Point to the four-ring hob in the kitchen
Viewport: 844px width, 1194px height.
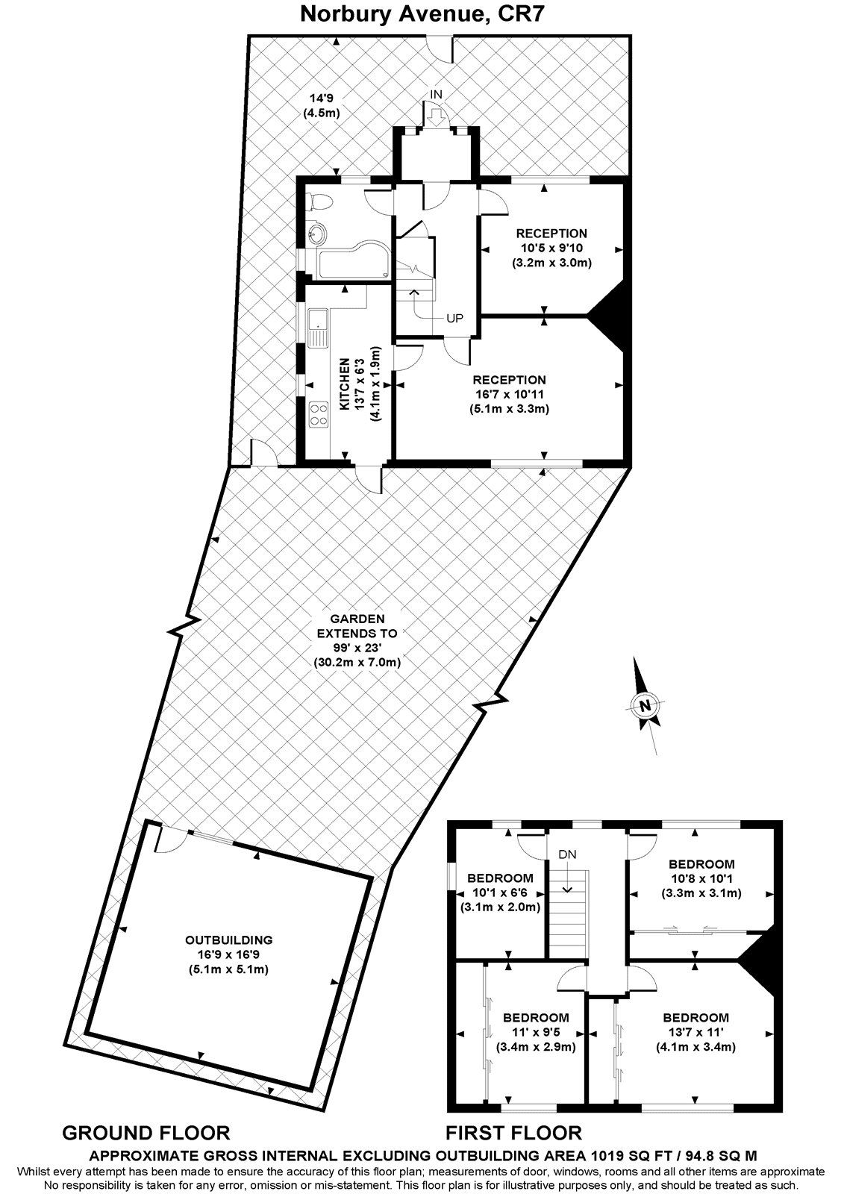tap(319, 414)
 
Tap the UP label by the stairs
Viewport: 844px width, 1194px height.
tap(454, 319)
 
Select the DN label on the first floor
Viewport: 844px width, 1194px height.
tap(567, 854)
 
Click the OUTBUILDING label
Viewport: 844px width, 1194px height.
tap(229, 940)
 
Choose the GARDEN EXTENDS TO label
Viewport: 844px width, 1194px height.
tap(357, 625)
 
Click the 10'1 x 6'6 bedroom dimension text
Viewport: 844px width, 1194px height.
tap(499, 893)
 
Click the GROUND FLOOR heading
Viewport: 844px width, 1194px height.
tap(146, 1133)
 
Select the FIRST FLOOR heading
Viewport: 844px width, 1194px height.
tap(513, 1133)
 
